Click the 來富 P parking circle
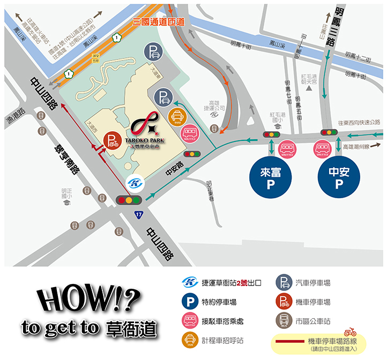click(271, 177)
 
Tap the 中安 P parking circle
click(339, 177)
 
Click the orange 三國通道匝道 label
click(158, 22)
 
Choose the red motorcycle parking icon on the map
click(112, 141)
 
